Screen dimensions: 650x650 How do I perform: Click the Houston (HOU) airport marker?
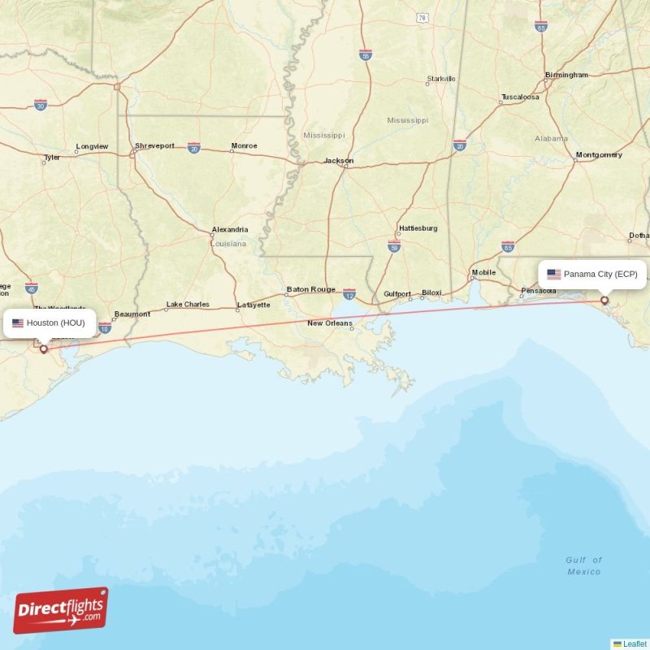coord(44,349)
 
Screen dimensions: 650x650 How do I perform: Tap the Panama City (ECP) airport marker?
coord(604,301)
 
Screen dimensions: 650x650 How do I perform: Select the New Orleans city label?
coord(330,323)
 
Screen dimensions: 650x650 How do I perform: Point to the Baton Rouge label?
coord(310,289)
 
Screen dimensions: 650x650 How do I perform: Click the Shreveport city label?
coord(154,145)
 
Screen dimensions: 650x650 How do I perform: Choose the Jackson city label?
coord(339,160)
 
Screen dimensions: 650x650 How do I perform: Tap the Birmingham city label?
coord(567,75)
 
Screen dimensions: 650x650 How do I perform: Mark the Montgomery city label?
coord(599,154)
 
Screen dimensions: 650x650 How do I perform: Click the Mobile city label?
coord(483,272)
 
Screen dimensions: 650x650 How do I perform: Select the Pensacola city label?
coord(539,290)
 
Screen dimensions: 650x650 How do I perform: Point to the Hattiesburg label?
coord(418,228)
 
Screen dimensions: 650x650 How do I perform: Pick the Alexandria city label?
coord(230,230)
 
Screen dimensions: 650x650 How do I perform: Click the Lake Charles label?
coord(188,305)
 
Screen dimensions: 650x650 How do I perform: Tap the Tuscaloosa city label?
coord(520,97)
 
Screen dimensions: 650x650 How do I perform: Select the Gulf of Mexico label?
coord(584,565)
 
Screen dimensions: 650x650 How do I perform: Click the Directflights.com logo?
coord(60,610)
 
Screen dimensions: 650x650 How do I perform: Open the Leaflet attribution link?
coord(635,643)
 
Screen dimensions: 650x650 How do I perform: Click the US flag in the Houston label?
coord(18,323)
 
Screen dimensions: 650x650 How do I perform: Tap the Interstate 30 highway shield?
coord(41,105)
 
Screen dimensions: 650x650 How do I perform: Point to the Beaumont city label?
coord(132,314)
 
